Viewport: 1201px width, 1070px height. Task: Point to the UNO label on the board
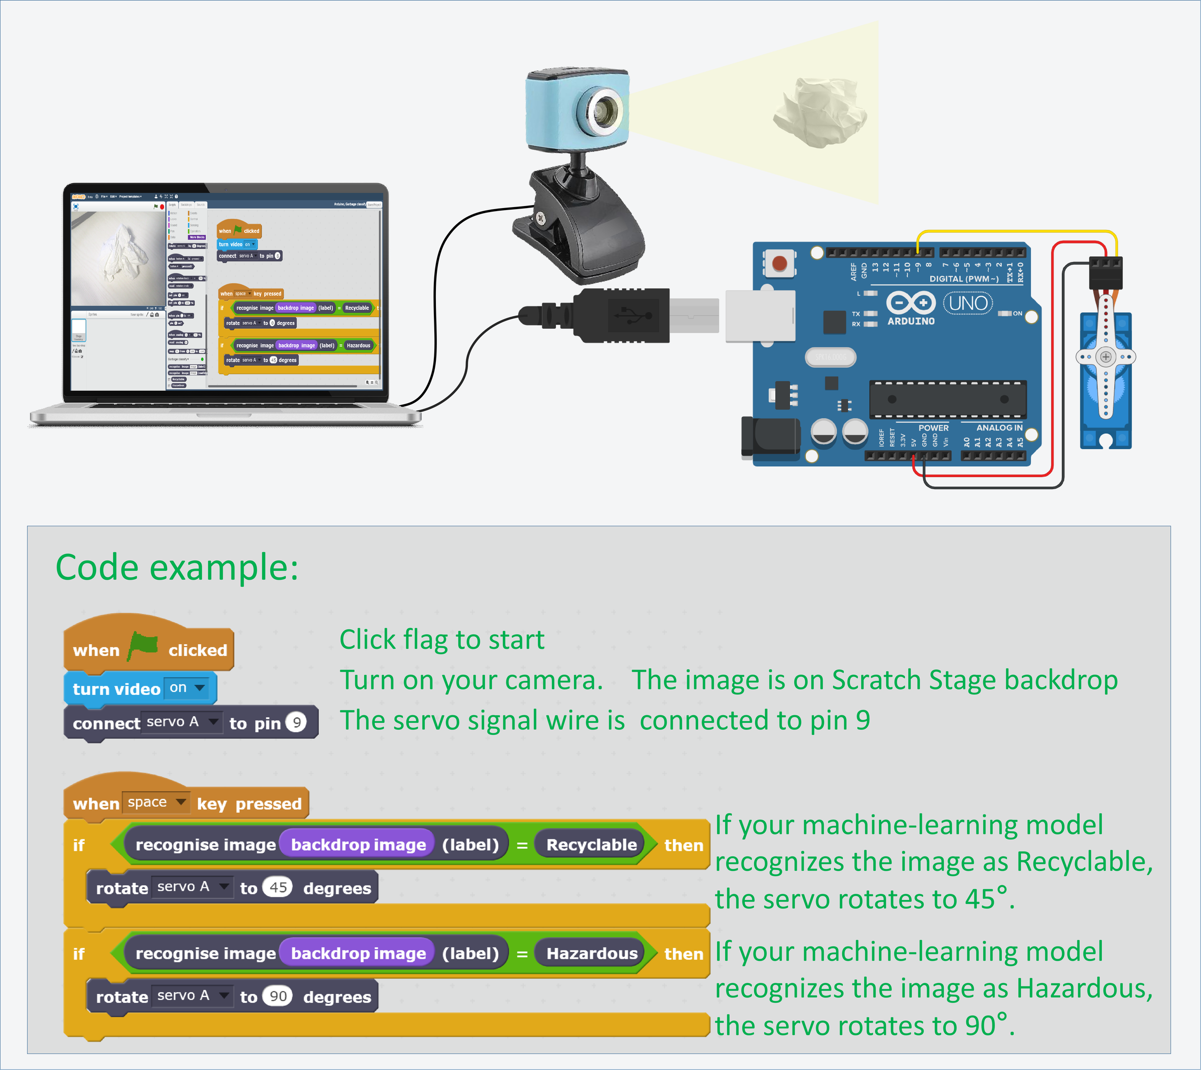[968, 303]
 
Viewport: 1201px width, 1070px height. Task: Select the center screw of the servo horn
[1106, 357]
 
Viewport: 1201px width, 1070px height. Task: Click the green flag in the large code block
[144, 645]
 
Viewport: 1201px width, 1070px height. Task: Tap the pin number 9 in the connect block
[296, 722]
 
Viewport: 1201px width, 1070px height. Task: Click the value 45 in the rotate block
[278, 887]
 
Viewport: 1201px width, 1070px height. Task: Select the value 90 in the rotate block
[278, 996]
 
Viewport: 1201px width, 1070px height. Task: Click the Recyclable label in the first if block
[591, 845]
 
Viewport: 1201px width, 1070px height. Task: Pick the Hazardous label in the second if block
[591, 953]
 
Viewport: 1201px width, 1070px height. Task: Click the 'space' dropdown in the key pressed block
[156, 802]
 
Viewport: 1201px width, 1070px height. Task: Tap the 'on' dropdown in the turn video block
[188, 688]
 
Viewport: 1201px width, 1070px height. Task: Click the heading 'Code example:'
[177, 567]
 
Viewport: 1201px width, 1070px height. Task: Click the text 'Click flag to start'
[442, 640]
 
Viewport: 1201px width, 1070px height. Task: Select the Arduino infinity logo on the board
[910, 303]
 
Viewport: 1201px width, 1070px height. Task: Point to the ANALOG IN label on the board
[999, 427]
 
